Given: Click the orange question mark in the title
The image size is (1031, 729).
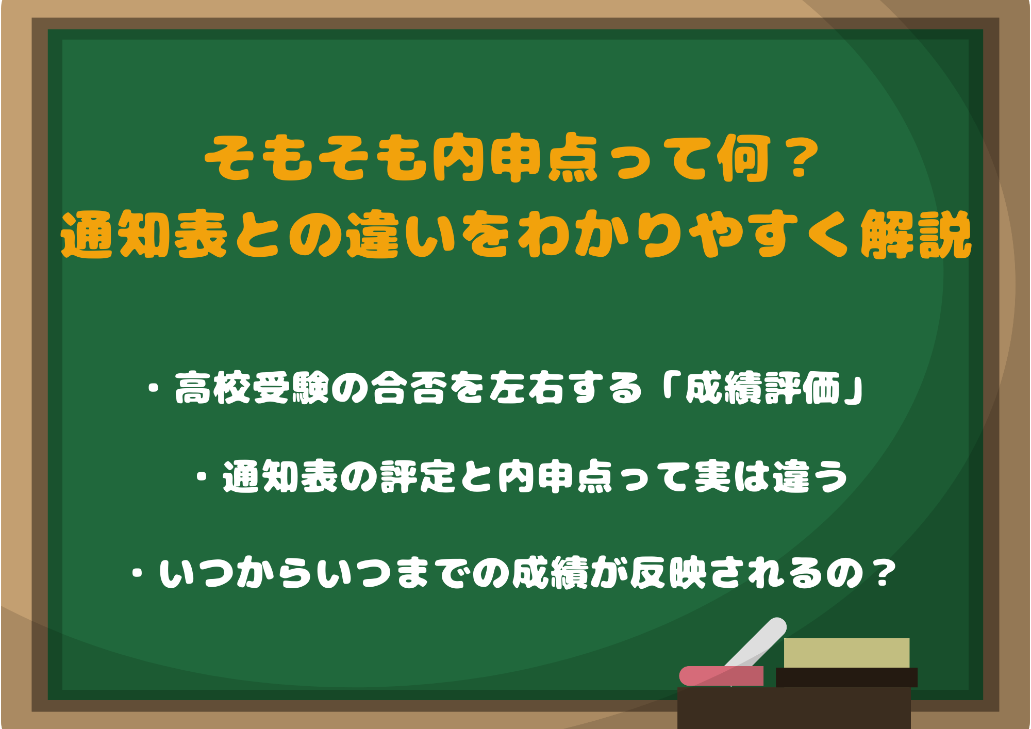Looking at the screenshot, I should click(x=799, y=159).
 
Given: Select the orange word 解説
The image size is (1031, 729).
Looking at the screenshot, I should click(x=916, y=235).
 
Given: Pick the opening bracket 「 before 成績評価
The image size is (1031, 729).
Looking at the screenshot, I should click(x=668, y=388).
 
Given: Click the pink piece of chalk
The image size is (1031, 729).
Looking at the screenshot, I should click(x=721, y=675).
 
